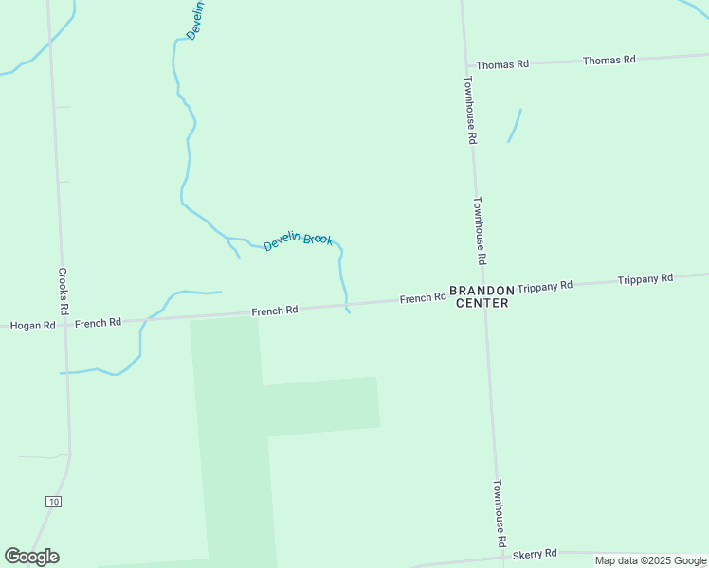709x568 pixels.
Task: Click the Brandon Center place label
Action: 482,296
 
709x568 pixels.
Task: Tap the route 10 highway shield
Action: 53,501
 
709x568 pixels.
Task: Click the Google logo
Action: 31,557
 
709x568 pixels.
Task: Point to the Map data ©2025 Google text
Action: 650,560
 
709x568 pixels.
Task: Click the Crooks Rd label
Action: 64,291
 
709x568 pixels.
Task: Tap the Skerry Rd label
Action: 536,553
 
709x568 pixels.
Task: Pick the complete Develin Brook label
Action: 298,241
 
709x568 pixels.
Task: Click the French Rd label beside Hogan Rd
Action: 98,323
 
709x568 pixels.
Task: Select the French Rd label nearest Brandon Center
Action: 423,298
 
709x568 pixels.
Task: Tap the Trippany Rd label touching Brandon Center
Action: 545,285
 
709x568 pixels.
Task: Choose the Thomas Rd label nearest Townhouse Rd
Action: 502,64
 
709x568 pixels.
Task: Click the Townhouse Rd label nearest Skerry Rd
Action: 500,515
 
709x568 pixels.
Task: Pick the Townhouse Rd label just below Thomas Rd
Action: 469,110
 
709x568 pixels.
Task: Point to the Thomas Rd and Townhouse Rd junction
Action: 466,65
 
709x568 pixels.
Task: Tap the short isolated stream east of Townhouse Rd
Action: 515,126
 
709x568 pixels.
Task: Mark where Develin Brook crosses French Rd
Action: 346,306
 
